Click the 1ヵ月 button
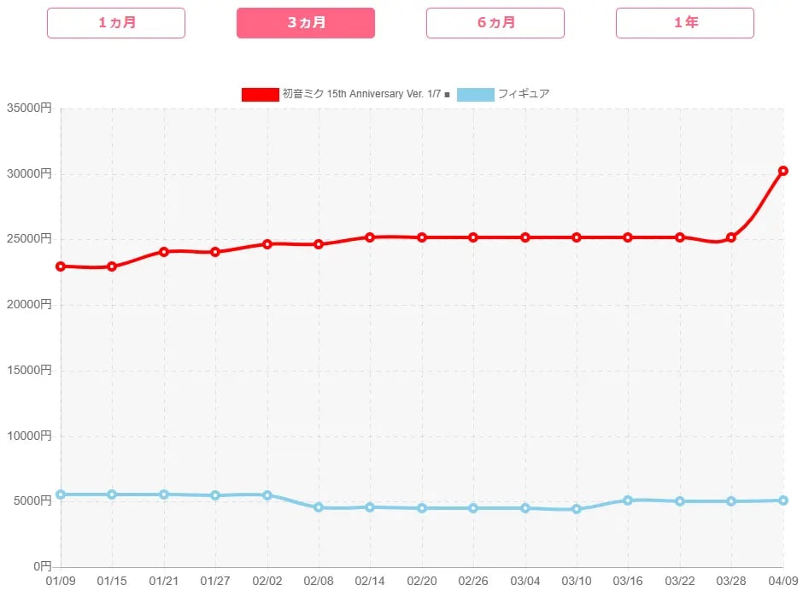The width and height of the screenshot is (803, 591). (116, 23)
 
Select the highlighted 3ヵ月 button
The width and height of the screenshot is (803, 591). (306, 23)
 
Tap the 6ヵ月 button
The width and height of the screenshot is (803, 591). (495, 23)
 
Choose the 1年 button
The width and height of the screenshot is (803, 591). (685, 23)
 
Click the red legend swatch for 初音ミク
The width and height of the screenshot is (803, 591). (260, 94)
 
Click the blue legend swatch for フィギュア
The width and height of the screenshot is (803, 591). (476, 94)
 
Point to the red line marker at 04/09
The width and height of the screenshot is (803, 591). (783, 171)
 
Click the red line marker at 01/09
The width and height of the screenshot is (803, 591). (61, 266)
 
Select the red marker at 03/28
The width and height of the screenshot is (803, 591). (731, 237)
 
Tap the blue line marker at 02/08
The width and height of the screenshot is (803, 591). (319, 507)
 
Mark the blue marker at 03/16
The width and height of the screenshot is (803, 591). (628, 500)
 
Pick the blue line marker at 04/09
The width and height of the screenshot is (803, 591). (783, 500)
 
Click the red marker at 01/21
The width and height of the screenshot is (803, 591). (164, 252)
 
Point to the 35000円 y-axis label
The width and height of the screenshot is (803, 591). (29, 108)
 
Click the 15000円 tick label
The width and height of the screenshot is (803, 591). (29, 371)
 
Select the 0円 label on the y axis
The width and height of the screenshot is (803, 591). (40, 567)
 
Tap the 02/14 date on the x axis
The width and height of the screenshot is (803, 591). (370, 581)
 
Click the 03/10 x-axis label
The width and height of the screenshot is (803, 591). (577, 581)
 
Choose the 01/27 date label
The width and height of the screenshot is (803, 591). (215, 581)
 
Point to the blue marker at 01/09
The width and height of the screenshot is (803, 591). (61, 494)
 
